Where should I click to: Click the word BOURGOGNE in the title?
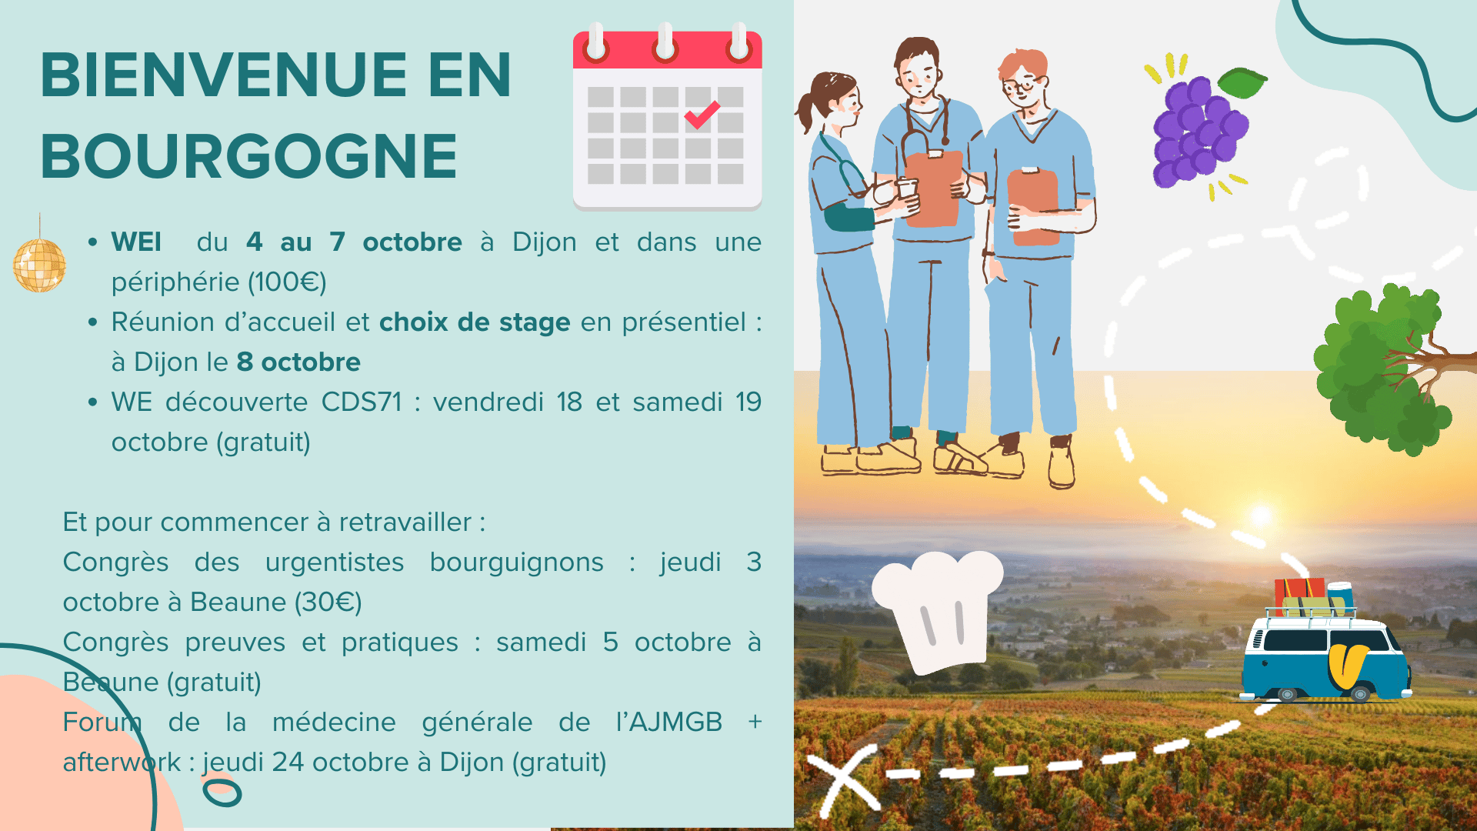[x=249, y=156]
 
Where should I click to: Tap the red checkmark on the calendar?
[x=702, y=115]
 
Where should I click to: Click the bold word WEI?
[x=136, y=242]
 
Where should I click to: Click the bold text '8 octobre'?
[x=298, y=362]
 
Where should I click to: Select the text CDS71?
[x=362, y=402]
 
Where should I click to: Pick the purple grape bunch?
[x=1197, y=131]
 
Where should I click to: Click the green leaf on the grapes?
[x=1242, y=82]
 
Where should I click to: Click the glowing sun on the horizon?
[x=1260, y=515]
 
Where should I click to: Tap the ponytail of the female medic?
[x=805, y=112]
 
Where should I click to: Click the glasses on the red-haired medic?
[x=1022, y=85]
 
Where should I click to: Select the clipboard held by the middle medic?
[x=933, y=188]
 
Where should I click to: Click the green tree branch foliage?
[x=1377, y=369]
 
